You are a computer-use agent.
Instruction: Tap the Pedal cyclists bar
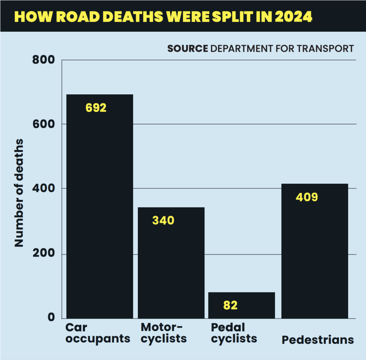click(242, 305)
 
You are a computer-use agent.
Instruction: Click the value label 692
click(96, 108)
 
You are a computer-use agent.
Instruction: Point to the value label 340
click(163, 220)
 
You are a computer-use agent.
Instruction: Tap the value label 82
click(230, 305)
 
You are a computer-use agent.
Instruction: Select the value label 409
click(307, 197)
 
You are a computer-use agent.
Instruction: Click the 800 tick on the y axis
click(43, 60)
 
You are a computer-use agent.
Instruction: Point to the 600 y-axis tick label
click(43, 124)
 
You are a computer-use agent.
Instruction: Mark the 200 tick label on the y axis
click(43, 254)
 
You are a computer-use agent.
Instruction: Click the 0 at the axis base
click(50, 317)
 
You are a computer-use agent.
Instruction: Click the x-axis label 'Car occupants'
click(98, 333)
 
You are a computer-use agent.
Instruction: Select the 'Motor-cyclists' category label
click(163, 333)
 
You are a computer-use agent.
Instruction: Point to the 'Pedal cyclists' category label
click(234, 333)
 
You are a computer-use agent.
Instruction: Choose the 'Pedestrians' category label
click(318, 340)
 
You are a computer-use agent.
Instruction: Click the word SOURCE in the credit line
click(187, 48)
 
